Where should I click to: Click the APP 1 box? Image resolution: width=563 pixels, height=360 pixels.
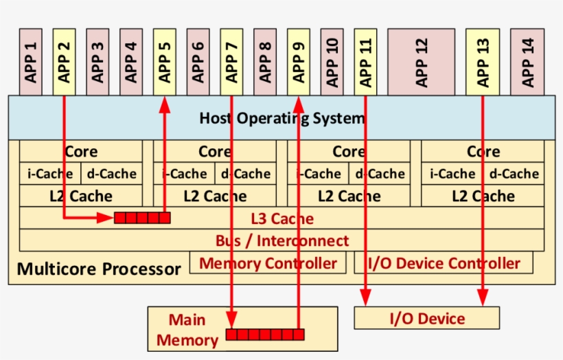coord(30,62)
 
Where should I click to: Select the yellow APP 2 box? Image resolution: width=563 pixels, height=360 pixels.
coord(64,62)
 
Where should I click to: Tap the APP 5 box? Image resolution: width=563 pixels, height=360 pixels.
coord(165,62)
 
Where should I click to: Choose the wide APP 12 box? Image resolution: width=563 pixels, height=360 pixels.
coord(421,62)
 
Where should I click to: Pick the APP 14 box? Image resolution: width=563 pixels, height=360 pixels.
coord(527,62)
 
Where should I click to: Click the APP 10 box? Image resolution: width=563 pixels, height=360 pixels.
coord(332,62)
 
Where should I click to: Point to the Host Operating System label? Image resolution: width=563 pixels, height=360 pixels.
coord(281,118)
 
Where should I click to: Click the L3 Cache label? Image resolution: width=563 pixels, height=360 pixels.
coord(281,219)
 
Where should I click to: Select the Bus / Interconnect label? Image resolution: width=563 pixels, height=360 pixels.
coord(281,241)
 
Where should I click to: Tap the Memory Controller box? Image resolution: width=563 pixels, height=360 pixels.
coord(268,263)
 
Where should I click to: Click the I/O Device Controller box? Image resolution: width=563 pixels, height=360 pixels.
coord(445,263)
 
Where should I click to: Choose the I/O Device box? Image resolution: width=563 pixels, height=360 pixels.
coord(426,319)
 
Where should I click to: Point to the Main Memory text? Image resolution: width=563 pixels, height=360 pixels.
coord(187,330)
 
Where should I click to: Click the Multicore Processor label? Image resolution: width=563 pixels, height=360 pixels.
coord(98,268)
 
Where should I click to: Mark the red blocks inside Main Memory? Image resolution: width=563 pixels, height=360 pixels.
coord(263,335)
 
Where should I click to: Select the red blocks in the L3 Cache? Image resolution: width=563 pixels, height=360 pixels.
coord(142,218)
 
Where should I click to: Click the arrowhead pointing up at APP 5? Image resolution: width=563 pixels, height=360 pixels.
coord(165,103)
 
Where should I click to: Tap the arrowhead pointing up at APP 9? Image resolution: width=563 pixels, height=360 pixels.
coord(299,103)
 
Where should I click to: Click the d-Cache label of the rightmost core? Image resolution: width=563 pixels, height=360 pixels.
coord(514,174)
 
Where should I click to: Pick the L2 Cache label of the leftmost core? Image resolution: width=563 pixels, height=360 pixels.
coord(80,196)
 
